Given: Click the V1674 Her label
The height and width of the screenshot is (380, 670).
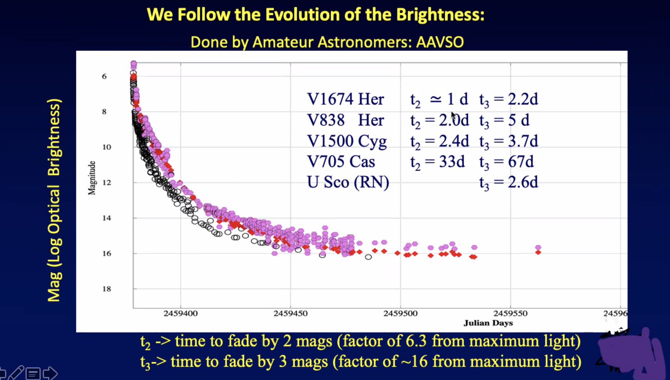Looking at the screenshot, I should (345, 99).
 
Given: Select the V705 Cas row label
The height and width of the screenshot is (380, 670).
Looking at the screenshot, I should (341, 161).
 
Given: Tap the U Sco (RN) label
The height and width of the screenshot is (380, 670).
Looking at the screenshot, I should (348, 182).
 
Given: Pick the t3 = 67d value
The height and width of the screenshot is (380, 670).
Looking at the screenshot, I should (506, 162).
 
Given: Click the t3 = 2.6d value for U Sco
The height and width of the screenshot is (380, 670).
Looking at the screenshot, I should (509, 183).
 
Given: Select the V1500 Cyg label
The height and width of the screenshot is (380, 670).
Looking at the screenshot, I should (347, 141).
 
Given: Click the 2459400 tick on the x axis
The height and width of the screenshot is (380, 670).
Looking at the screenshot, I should (180, 313).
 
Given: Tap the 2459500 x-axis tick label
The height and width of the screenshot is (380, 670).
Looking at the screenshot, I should (400, 313).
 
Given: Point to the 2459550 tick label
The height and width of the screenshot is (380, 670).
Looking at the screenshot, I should (510, 313).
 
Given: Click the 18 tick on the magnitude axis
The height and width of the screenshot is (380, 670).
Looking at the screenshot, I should (107, 289).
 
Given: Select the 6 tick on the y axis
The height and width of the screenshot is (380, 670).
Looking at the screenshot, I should (104, 76).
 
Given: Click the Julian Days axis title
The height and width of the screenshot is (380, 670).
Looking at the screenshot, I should (488, 323).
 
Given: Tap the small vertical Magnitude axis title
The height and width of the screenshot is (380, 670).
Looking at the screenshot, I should (92, 178).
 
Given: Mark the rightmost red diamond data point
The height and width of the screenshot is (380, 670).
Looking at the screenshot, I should (538, 252).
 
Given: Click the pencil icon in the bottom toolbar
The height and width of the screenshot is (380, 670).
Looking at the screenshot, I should (16, 373).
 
